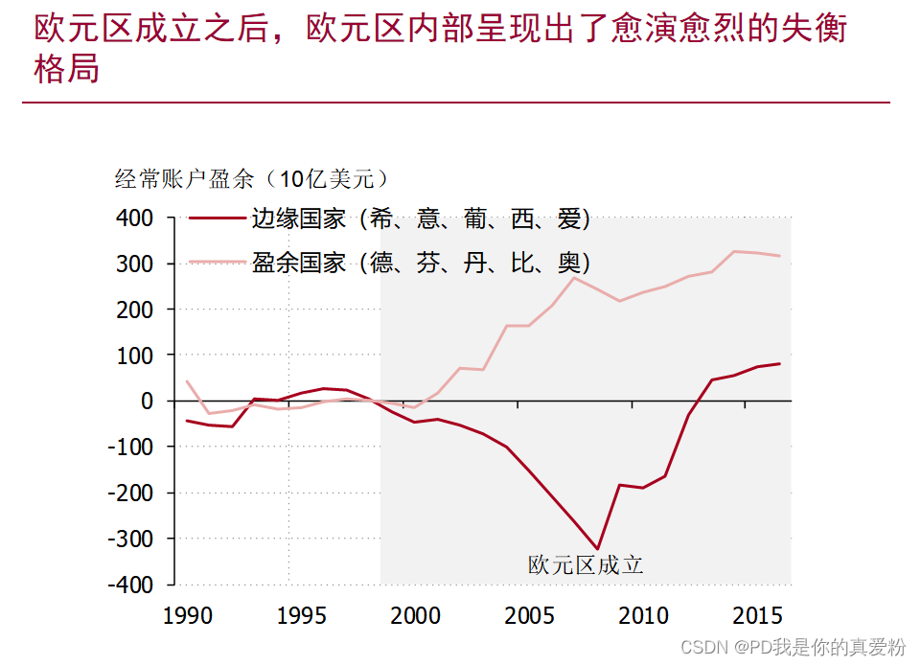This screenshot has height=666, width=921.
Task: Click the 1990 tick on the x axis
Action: click(188, 615)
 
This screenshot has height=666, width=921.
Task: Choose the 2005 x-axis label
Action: click(529, 615)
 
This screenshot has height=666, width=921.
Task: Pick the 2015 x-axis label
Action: click(756, 615)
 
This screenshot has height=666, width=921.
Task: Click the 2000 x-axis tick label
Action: click(415, 615)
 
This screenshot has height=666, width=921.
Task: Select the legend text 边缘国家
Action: click(298, 218)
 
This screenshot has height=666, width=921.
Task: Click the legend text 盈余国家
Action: click(298, 263)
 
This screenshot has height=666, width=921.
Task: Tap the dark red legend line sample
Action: click(217, 218)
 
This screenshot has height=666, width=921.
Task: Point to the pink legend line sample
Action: click(217, 263)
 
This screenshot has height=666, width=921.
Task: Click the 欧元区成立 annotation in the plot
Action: click(586, 565)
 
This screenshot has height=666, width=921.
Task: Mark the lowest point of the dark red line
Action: click(597, 549)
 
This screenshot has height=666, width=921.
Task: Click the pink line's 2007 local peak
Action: click(574, 277)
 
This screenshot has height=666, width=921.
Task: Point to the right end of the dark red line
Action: click(779, 363)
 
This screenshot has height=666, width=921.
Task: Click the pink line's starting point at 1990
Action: click(187, 381)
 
